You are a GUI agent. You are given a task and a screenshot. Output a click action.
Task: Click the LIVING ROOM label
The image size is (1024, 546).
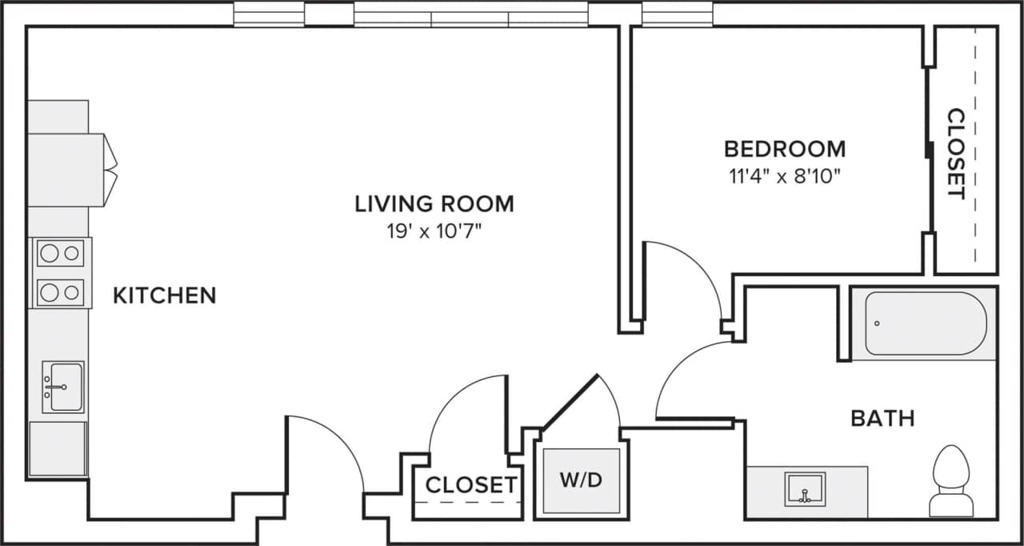tap(434, 203)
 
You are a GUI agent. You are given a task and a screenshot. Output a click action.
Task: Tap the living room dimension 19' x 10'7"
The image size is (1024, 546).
tap(434, 232)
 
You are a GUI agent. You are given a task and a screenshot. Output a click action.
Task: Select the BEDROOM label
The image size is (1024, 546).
tap(784, 149)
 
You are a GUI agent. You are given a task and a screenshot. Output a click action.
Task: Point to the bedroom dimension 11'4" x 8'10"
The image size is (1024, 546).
tap(784, 176)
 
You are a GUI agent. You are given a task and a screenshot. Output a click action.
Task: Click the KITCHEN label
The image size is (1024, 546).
tap(164, 295)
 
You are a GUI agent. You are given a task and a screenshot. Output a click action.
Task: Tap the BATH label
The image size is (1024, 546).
tap(882, 418)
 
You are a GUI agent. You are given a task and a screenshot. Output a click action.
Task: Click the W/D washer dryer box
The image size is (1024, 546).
tap(581, 481)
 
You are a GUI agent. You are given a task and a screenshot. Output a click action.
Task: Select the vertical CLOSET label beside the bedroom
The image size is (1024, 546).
tap(955, 154)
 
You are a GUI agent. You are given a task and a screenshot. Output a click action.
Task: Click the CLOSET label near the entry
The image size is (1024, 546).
tap(470, 485)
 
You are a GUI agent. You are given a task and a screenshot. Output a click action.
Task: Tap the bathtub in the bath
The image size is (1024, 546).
tap(925, 323)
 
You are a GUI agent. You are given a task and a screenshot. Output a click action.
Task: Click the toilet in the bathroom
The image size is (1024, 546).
tap(952, 480)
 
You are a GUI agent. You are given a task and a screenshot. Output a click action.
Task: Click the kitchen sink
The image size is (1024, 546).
tap(62, 387)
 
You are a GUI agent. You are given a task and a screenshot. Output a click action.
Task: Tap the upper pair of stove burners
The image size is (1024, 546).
tap(60, 254)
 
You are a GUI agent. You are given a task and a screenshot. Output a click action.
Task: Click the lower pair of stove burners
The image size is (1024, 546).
tap(60, 291)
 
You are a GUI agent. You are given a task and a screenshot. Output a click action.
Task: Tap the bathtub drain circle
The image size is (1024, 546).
tap(878, 323)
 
